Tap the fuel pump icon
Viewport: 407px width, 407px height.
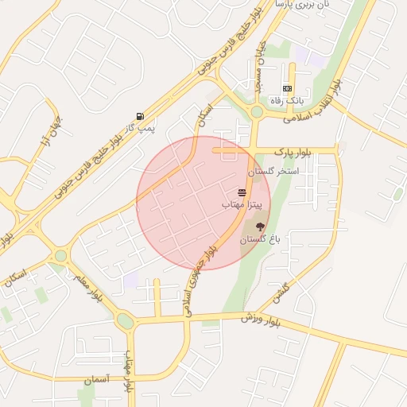coord(140,116)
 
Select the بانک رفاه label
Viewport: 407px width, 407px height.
coord(287,100)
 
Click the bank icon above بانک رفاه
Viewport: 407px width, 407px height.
coord(287,88)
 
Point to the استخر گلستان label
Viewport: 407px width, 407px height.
coord(273,171)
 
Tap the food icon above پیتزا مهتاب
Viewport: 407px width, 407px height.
coord(242,193)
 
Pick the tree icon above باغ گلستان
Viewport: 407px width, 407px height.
coord(259,227)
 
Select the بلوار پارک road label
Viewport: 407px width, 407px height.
coord(293,149)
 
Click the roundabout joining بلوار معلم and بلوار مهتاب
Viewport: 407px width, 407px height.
coord(125,321)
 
